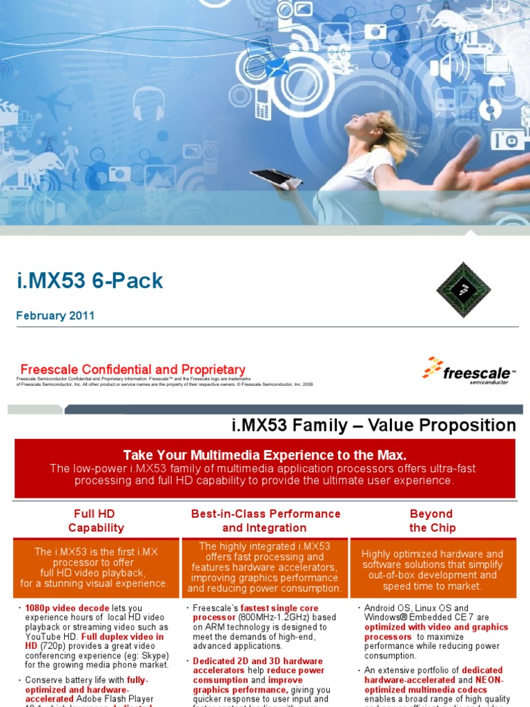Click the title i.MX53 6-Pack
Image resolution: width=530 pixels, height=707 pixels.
point(90,281)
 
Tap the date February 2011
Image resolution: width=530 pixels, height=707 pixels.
point(55,316)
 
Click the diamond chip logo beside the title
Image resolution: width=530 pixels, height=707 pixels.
point(463,289)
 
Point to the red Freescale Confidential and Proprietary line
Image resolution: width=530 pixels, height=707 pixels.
point(132,370)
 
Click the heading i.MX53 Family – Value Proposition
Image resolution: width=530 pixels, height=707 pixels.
point(373,425)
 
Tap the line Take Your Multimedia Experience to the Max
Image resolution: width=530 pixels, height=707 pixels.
point(264,455)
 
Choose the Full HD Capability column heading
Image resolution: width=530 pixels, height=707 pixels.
point(96,521)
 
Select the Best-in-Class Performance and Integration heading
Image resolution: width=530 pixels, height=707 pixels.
point(265,521)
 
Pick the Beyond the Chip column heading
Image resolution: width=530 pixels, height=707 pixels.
point(431,521)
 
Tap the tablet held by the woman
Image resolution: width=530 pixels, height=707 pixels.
point(276,177)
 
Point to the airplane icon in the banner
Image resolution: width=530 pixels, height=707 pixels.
point(55,104)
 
